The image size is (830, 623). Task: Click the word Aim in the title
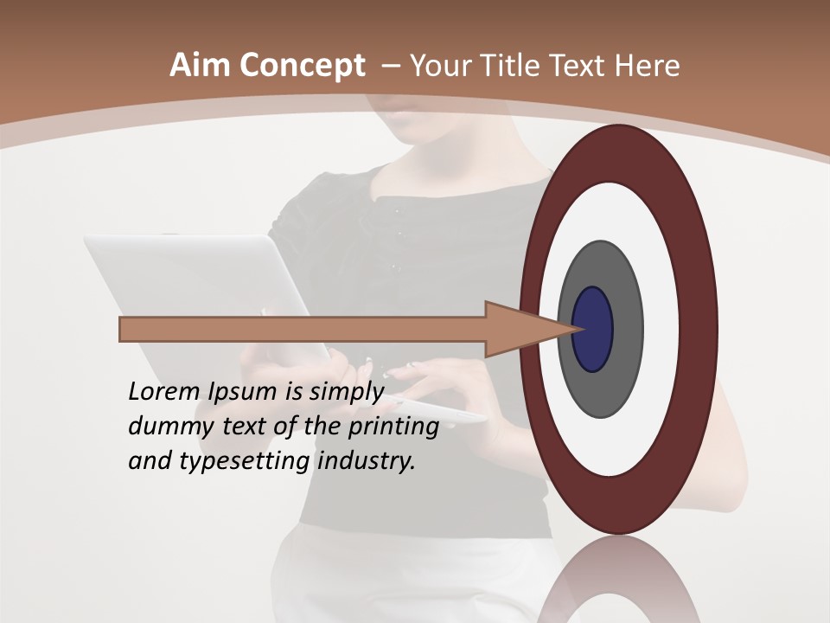pyautogui.click(x=201, y=66)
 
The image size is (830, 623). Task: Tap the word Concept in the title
pyautogui.click(x=302, y=66)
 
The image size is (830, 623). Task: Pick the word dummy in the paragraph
pyautogui.click(x=165, y=427)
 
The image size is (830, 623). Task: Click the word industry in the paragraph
pyautogui.click(x=367, y=461)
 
